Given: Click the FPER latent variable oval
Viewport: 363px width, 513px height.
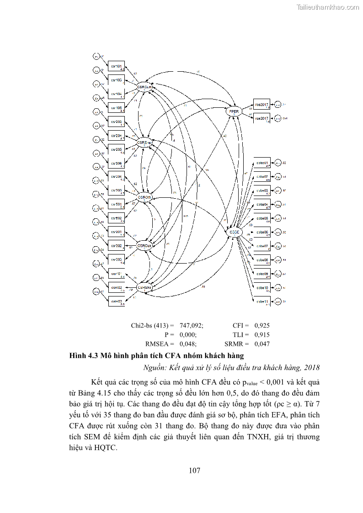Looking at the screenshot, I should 235,111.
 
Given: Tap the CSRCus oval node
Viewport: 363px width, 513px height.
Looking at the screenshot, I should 144,245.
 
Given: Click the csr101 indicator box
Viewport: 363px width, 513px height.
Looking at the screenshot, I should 116,67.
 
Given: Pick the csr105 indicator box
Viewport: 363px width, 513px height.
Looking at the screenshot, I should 116,108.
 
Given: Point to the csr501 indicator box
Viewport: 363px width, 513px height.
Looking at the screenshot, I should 116,205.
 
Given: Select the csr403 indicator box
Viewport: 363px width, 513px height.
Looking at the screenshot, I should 116,301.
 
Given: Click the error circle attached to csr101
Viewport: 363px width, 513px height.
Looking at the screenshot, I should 97,56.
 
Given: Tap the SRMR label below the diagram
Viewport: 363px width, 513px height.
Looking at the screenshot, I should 237,344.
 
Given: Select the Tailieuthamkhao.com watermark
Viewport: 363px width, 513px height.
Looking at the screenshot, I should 328,7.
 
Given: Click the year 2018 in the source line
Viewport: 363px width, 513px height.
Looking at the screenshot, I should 312,367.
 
